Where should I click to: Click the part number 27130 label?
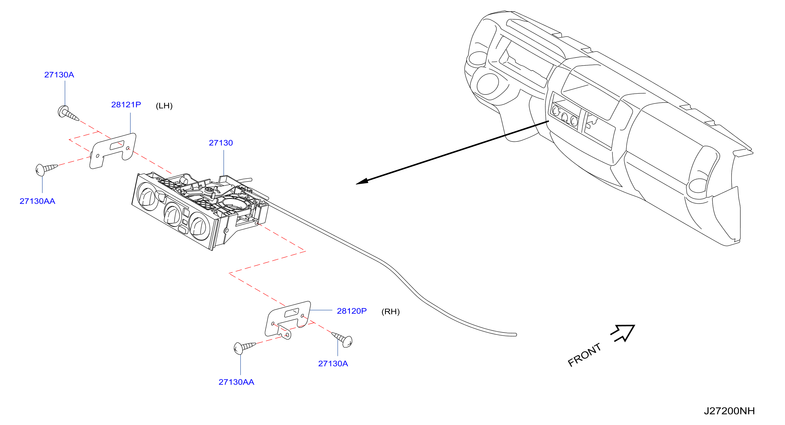(x=221, y=143)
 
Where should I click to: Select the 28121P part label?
(x=126, y=105)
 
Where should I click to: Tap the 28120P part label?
(x=352, y=311)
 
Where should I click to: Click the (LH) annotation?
(x=164, y=106)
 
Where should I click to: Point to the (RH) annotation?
(x=390, y=312)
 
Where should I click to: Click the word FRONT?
(x=584, y=355)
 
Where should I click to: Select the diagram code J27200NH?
(x=729, y=411)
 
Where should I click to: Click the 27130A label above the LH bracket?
(x=59, y=75)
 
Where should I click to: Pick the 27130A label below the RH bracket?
(x=333, y=363)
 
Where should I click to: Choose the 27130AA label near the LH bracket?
(x=37, y=201)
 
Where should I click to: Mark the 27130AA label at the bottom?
(x=237, y=382)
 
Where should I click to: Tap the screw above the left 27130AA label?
(x=46, y=170)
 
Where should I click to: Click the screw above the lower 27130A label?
(x=342, y=339)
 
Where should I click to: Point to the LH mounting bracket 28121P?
(x=113, y=150)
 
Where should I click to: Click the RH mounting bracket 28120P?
(x=288, y=320)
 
